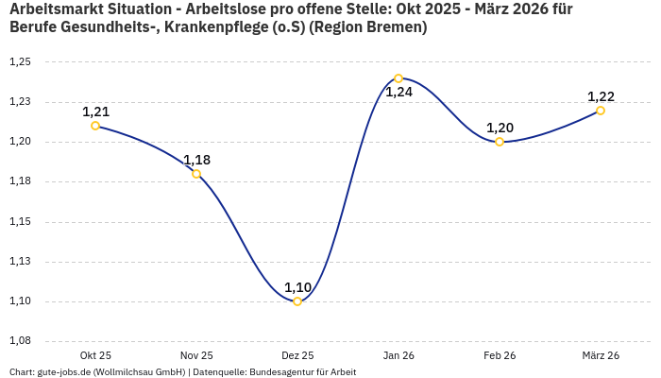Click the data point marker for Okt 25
(95, 126)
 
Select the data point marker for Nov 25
(196, 174)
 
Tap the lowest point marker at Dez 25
(297, 301)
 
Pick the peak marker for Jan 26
(398, 78)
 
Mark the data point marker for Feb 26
(500, 142)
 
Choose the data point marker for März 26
(601, 111)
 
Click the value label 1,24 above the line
(398, 93)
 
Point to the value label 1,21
(95, 112)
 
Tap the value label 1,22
(601, 96)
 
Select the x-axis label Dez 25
(297, 355)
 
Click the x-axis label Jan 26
(398, 355)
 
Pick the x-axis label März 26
(601, 355)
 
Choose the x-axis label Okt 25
(95, 355)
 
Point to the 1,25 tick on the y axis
(20, 62)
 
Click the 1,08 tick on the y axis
(20, 341)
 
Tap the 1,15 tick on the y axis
(20, 222)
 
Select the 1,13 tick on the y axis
(20, 262)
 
